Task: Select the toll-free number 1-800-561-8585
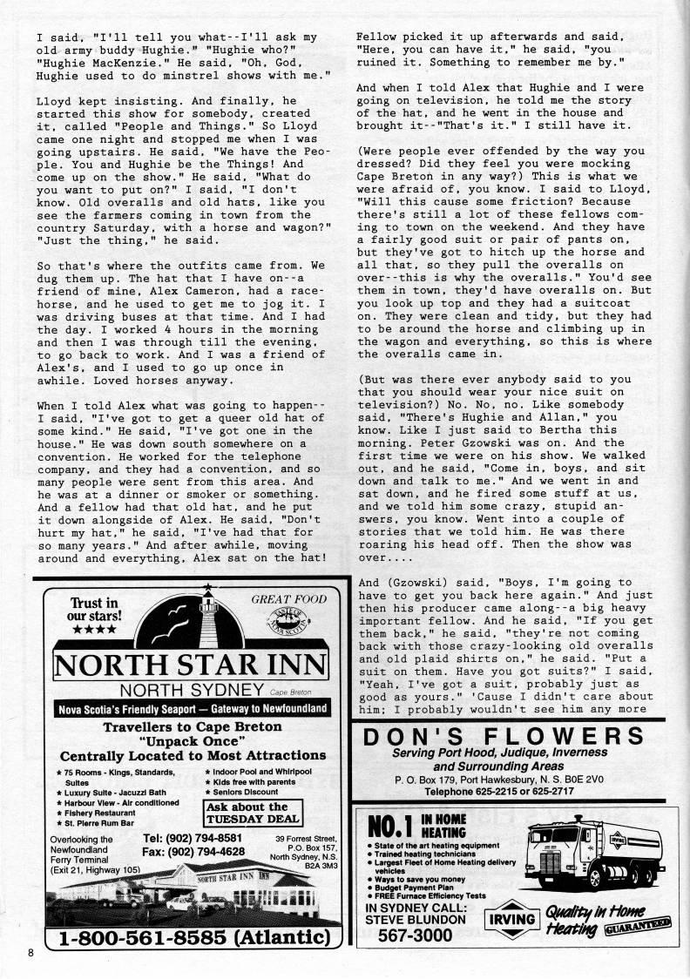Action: point(192,939)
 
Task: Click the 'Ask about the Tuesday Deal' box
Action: point(247,813)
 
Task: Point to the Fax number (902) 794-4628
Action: point(193,851)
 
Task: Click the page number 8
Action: point(30,952)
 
